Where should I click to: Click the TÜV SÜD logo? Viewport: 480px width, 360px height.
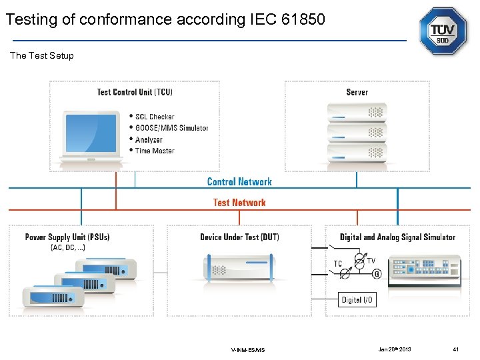click(x=443, y=31)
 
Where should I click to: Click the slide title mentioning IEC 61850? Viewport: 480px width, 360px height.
click(x=165, y=20)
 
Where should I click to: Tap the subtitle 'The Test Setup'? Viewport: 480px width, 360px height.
click(x=42, y=55)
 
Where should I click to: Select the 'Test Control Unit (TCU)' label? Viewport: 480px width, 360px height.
click(x=135, y=92)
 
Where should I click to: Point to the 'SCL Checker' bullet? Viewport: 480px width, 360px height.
click(x=154, y=117)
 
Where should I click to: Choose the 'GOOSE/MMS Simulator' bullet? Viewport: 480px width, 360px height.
click(x=171, y=128)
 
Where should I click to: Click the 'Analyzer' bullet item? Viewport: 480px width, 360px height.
click(x=149, y=139)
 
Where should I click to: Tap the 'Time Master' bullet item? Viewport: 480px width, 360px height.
click(x=154, y=151)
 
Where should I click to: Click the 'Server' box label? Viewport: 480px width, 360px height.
click(x=357, y=92)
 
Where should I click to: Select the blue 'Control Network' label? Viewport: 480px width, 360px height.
click(x=239, y=181)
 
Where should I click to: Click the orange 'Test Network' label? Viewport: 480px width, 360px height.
click(x=239, y=203)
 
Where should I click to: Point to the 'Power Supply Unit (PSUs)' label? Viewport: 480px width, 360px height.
click(x=67, y=237)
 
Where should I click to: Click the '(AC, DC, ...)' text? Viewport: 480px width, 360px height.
click(x=68, y=248)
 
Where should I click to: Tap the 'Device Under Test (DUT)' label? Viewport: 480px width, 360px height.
click(x=239, y=237)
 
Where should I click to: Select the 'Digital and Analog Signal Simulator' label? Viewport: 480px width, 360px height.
click(x=397, y=237)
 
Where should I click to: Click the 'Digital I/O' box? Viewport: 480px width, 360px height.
click(x=358, y=300)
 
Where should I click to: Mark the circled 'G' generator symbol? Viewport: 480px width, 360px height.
click(x=377, y=274)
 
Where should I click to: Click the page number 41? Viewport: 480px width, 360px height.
click(x=456, y=349)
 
